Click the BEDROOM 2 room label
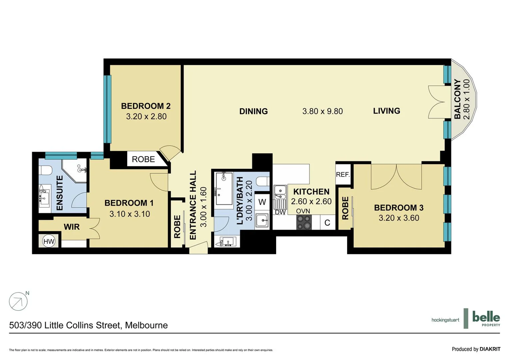tap(146, 106)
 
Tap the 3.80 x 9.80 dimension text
tap(322, 111)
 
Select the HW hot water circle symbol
tap(49, 241)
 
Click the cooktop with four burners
tap(304, 222)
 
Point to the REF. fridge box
tap(342, 174)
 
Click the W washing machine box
tap(262, 202)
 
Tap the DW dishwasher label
tap(280, 212)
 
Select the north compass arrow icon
tap(18, 302)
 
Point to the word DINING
tap(254, 111)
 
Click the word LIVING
tap(386, 111)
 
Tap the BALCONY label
tap(457, 99)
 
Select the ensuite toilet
tap(45, 170)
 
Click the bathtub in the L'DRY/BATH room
tap(224, 189)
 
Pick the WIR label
tap(72, 227)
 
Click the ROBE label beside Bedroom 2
tap(143, 159)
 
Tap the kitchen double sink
tap(280, 192)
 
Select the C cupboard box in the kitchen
tap(327, 223)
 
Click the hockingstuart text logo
tap(445, 320)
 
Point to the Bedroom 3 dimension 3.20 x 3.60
tap(399, 218)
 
